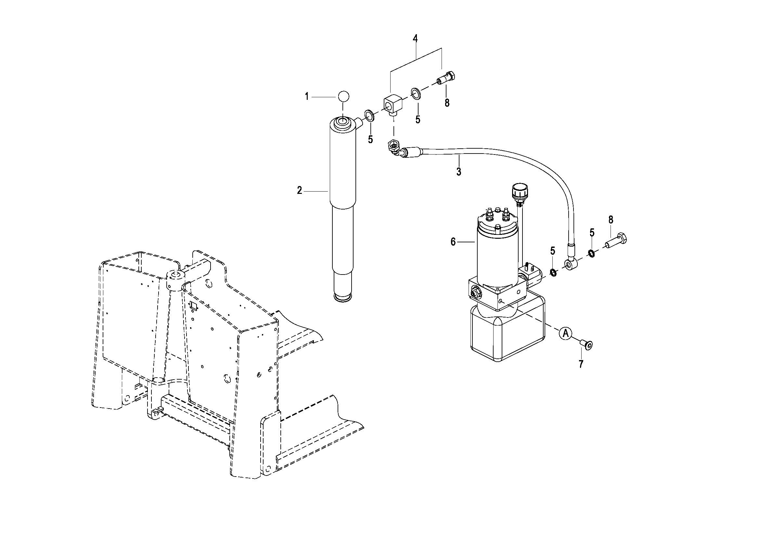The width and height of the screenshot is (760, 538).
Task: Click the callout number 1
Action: [x=306, y=97]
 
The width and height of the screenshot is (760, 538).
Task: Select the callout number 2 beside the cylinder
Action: [x=300, y=191]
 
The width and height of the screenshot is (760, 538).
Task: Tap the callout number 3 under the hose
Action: [x=458, y=172]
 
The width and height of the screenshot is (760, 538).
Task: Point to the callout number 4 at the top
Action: [x=415, y=39]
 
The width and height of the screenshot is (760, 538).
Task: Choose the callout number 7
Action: [x=581, y=364]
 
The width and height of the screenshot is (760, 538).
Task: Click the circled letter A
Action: [x=566, y=333]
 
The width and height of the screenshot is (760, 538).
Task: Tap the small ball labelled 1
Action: [x=343, y=96]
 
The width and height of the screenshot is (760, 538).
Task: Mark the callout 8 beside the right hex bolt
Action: [x=611, y=220]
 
